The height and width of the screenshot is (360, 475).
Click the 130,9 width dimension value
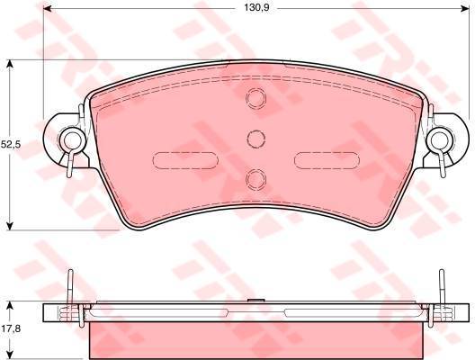(x=256, y=7)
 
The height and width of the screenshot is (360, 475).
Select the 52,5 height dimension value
(x=11, y=145)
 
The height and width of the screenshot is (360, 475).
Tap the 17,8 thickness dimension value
(x=11, y=328)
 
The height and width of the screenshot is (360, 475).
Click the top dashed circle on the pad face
(x=256, y=98)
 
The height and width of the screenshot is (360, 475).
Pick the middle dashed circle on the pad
(x=256, y=139)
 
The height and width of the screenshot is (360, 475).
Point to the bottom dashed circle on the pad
(x=256, y=179)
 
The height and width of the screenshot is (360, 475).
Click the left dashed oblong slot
(x=185, y=160)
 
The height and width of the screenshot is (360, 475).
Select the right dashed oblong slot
(x=327, y=160)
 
